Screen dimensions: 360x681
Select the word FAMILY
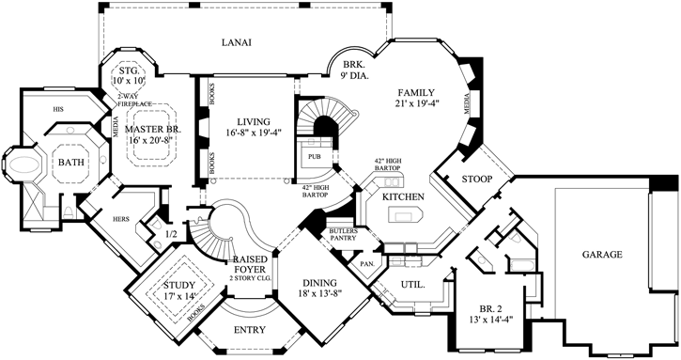416,92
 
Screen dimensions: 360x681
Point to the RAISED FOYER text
254,263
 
